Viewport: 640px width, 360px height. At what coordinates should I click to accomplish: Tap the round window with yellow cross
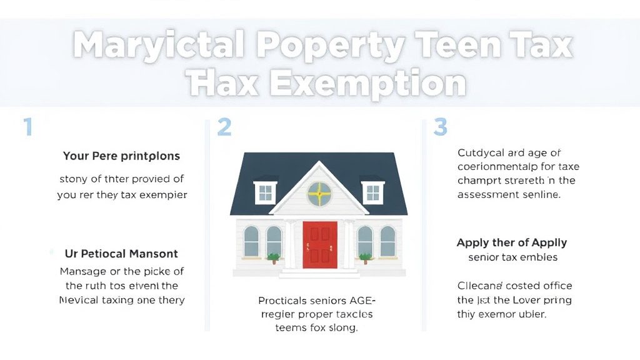click(319, 194)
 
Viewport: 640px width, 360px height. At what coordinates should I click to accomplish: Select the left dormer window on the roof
click(265, 192)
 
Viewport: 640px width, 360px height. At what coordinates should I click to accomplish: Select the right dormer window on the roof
click(373, 192)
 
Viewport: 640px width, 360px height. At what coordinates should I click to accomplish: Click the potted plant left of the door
click(272, 257)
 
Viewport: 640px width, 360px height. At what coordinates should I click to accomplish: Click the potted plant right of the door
click(366, 257)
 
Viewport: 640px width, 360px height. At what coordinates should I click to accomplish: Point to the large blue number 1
click(27, 127)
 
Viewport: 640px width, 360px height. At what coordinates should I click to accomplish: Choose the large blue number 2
click(224, 127)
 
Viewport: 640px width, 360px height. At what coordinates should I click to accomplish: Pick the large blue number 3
click(440, 127)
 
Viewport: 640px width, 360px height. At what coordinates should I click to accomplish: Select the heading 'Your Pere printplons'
click(121, 156)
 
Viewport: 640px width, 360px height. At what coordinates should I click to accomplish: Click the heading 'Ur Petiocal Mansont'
click(121, 254)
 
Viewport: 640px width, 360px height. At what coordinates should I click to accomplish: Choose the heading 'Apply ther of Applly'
click(512, 242)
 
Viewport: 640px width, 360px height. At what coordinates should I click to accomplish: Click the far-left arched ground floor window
click(251, 241)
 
